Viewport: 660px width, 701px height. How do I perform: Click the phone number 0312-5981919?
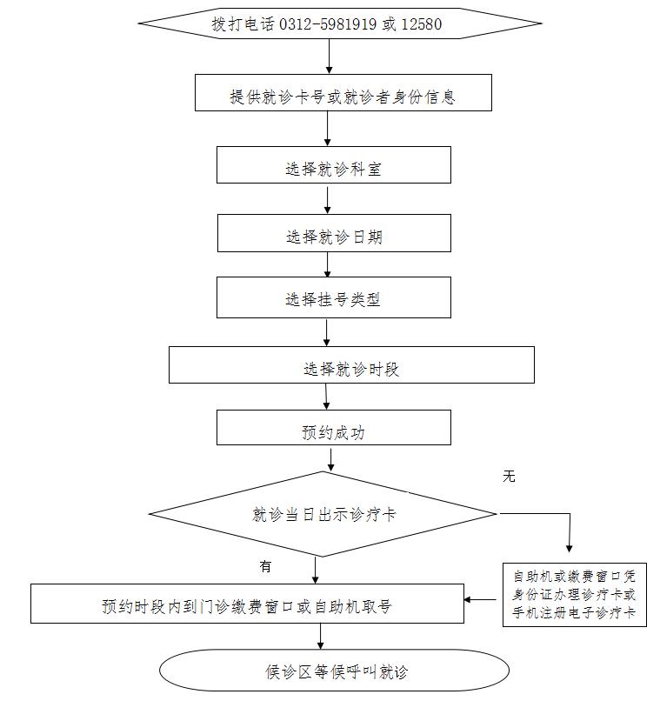coord(328,24)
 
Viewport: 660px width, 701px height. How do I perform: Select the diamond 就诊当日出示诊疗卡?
coord(323,514)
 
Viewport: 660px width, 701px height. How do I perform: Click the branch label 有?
coord(265,566)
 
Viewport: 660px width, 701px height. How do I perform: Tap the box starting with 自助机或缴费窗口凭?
coord(574,596)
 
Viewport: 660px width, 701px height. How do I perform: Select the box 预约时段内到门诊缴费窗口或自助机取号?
coord(247,604)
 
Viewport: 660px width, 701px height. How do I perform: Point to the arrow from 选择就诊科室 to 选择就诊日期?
coord(327,199)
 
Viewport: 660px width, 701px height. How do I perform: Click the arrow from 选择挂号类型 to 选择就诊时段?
coord(326,332)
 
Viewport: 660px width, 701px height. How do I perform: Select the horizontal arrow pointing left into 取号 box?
coord(482,599)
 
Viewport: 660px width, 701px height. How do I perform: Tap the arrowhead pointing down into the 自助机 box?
coord(570,547)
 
